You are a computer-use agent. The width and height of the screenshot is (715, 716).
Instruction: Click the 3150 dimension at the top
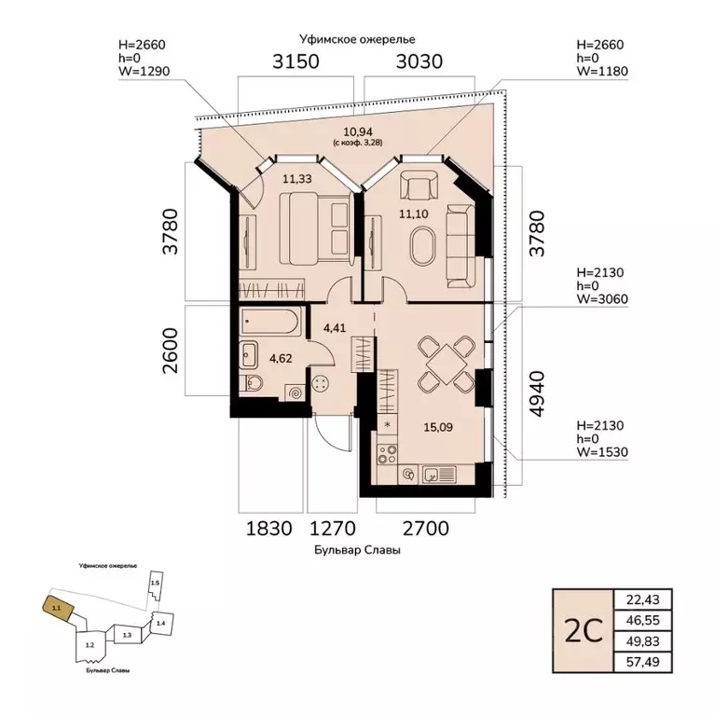pos(296,62)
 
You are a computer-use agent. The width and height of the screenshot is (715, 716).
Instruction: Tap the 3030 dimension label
pos(419,62)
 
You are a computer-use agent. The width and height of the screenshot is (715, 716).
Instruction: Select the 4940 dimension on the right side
pos(537,393)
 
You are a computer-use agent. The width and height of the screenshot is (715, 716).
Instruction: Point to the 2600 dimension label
pos(170,351)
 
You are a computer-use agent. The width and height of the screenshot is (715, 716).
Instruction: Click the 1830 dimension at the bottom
pos(268,529)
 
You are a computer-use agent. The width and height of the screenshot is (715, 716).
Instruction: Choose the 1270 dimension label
pos(333,529)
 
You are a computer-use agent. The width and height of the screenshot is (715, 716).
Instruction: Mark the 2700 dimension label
pos(425,529)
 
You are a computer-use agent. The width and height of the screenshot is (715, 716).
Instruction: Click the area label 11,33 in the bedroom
pos(296,179)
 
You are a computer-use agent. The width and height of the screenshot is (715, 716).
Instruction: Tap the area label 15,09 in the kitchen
pos(438,427)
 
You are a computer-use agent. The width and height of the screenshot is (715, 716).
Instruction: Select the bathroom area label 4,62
pos(281,358)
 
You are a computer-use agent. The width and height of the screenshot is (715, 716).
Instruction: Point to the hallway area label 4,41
pos(335,328)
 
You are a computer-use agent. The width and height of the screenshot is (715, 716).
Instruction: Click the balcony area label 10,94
pos(358,132)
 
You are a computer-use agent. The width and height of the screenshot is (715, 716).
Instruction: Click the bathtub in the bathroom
pos(270,322)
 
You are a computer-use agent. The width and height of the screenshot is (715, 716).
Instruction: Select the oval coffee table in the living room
pos(423,245)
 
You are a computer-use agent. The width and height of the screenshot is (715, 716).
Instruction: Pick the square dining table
pos(446,365)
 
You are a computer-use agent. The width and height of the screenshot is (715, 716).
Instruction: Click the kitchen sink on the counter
pos(439,475)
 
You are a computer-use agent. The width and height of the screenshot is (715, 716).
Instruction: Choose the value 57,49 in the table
pos(642,662)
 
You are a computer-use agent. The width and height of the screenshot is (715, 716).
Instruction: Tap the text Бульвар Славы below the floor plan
pos(357,550)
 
